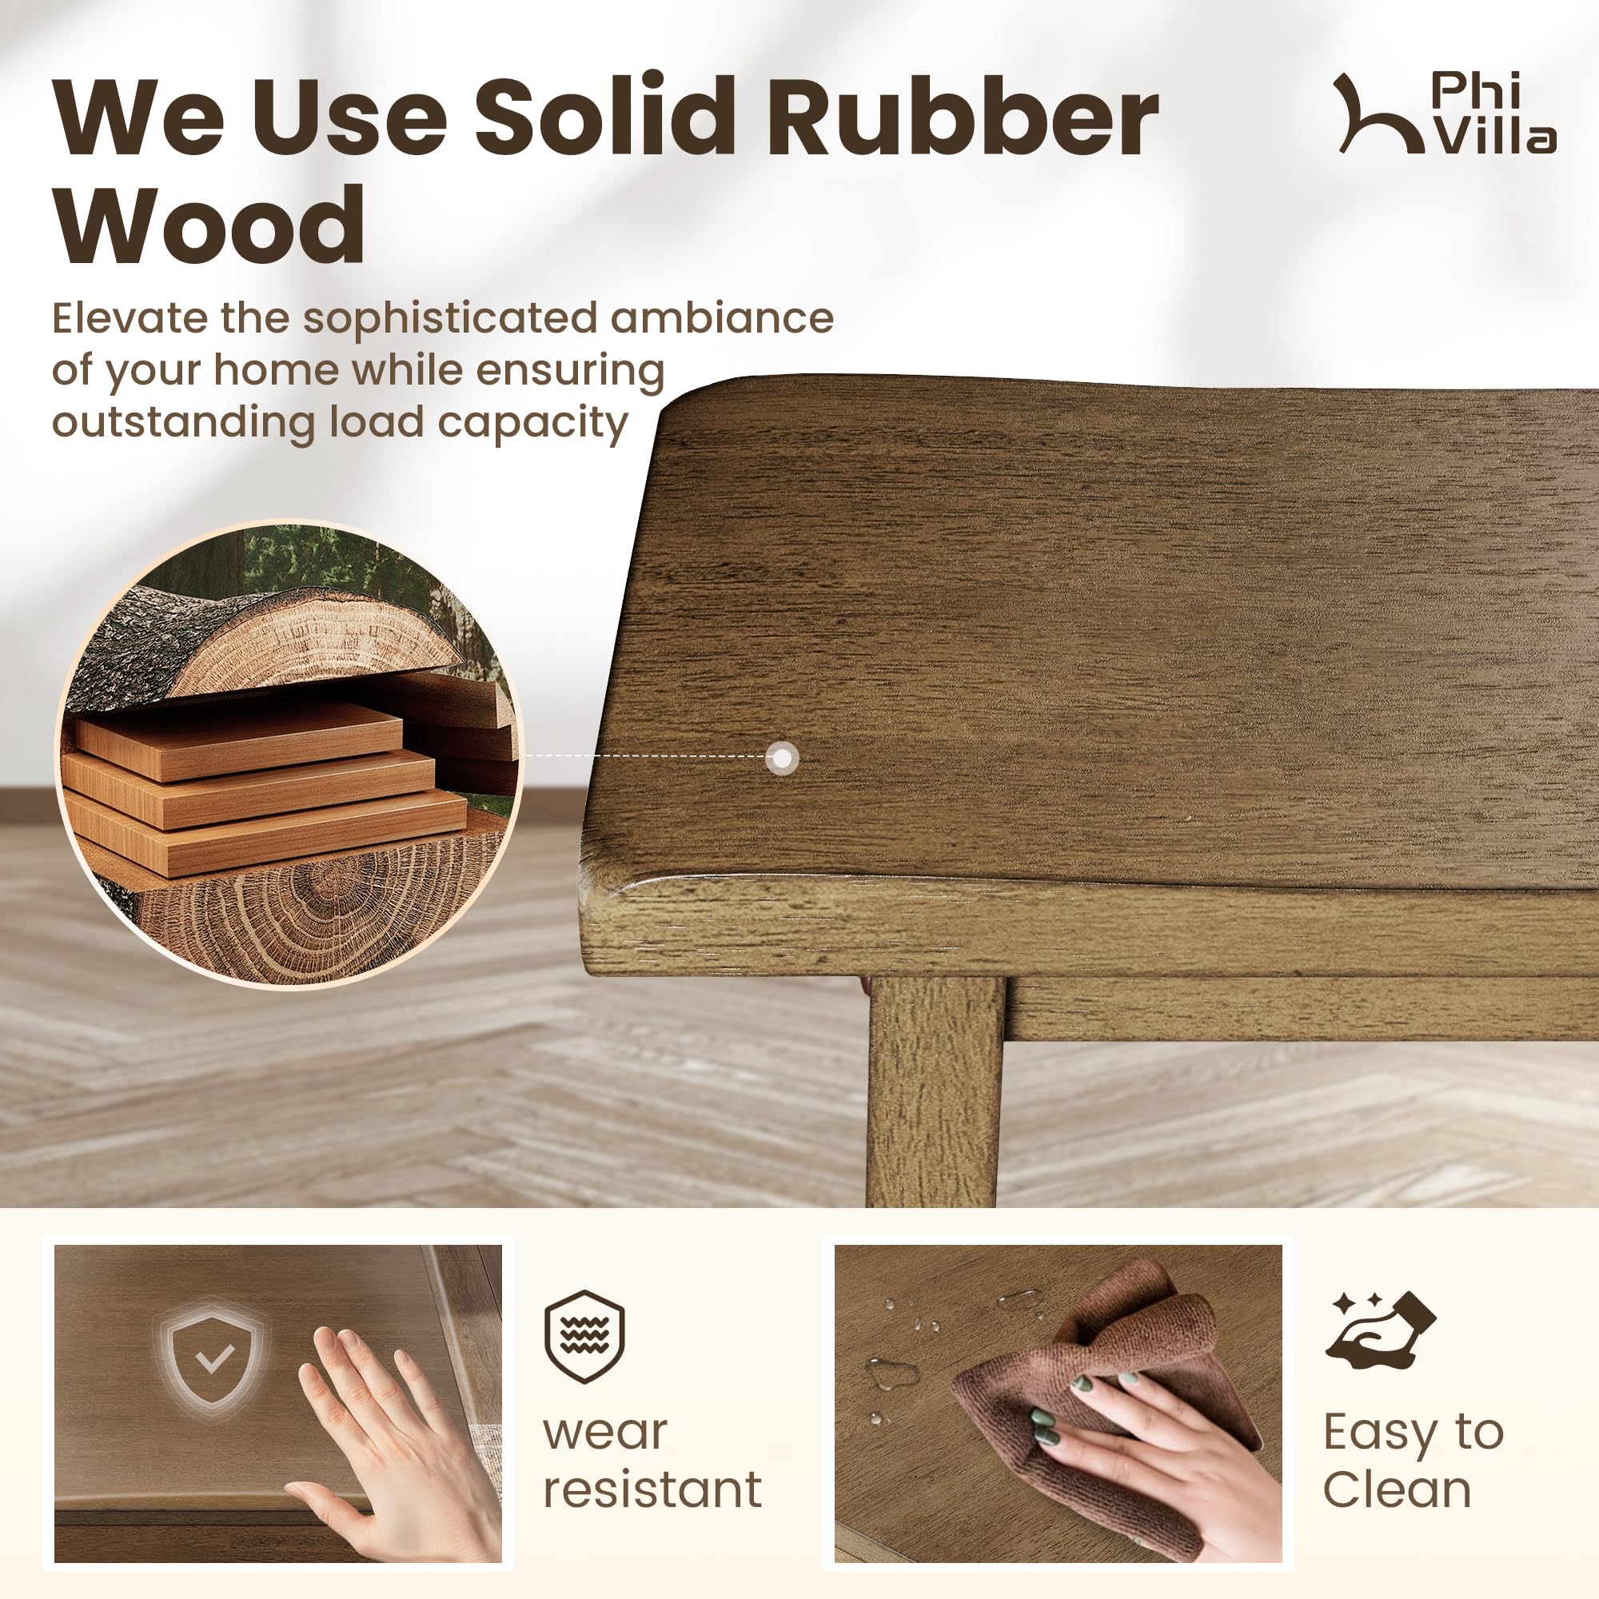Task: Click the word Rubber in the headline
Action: click(x=963, y=115)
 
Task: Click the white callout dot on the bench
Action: click(x=782, y=757)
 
